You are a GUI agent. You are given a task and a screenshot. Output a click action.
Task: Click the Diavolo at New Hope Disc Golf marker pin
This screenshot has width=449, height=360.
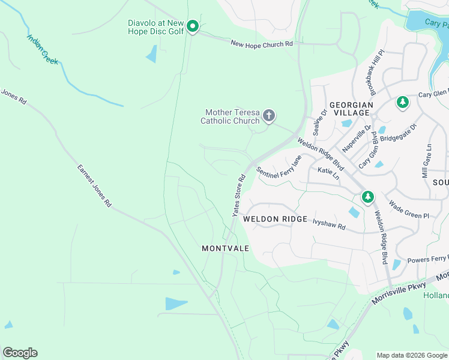click(192, 26)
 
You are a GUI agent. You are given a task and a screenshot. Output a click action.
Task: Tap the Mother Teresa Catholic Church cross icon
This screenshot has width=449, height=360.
click(269, 116)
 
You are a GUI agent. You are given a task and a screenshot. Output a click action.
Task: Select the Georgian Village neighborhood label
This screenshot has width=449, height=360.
click(351, 108)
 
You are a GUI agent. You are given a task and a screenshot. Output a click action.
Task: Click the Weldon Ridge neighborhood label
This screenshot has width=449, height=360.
click(275, 220)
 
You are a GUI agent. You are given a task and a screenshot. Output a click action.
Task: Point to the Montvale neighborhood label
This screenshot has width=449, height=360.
click(225, 248)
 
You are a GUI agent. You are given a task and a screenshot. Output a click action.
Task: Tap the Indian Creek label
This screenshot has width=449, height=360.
click(42, 49)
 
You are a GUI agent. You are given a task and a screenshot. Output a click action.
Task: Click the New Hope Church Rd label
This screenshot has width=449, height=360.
click(262, 44)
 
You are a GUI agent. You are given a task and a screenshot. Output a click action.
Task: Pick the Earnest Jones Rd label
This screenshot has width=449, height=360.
click(94, 186)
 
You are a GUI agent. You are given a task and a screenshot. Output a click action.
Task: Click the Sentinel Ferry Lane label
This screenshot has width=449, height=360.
click(280, 166)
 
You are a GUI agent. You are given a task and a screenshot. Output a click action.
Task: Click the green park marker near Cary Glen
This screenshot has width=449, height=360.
click(402, 103)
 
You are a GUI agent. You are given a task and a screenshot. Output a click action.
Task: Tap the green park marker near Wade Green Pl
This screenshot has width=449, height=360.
click(367, 196)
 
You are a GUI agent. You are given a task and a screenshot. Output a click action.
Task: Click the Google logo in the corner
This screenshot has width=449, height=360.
click(20, 353)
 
